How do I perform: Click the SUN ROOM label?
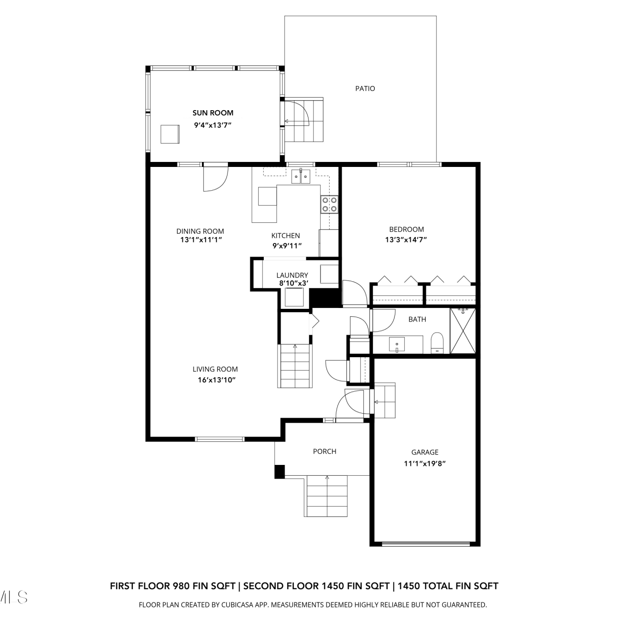213,113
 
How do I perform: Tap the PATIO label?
365,88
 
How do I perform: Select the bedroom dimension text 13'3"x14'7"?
406,240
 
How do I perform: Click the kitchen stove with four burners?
329,204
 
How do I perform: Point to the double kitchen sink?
301,176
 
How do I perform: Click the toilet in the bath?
437,343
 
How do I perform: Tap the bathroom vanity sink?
397,345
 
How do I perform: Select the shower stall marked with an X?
463,331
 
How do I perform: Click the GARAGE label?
425,452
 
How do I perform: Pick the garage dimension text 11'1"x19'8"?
425,463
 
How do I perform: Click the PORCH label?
325,451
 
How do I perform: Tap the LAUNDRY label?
292,275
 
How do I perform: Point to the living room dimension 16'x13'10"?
217,380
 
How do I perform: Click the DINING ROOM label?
200,231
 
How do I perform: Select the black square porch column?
280,471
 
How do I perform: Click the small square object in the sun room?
170,134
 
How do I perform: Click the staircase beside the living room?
295,366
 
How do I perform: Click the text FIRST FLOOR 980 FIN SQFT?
173,586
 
